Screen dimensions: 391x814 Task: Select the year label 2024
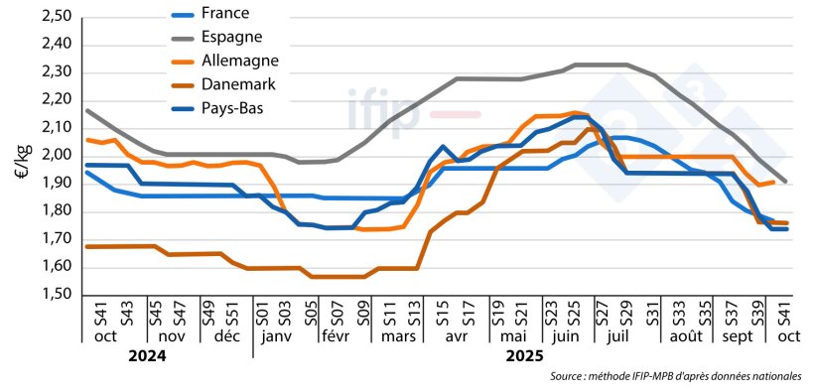pyautogui.click(x=146, y=355)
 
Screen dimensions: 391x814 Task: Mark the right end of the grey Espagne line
pyautogui.click(x=787, y=182)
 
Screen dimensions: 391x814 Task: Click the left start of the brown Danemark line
pyautogui.click(x=87, y=246)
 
